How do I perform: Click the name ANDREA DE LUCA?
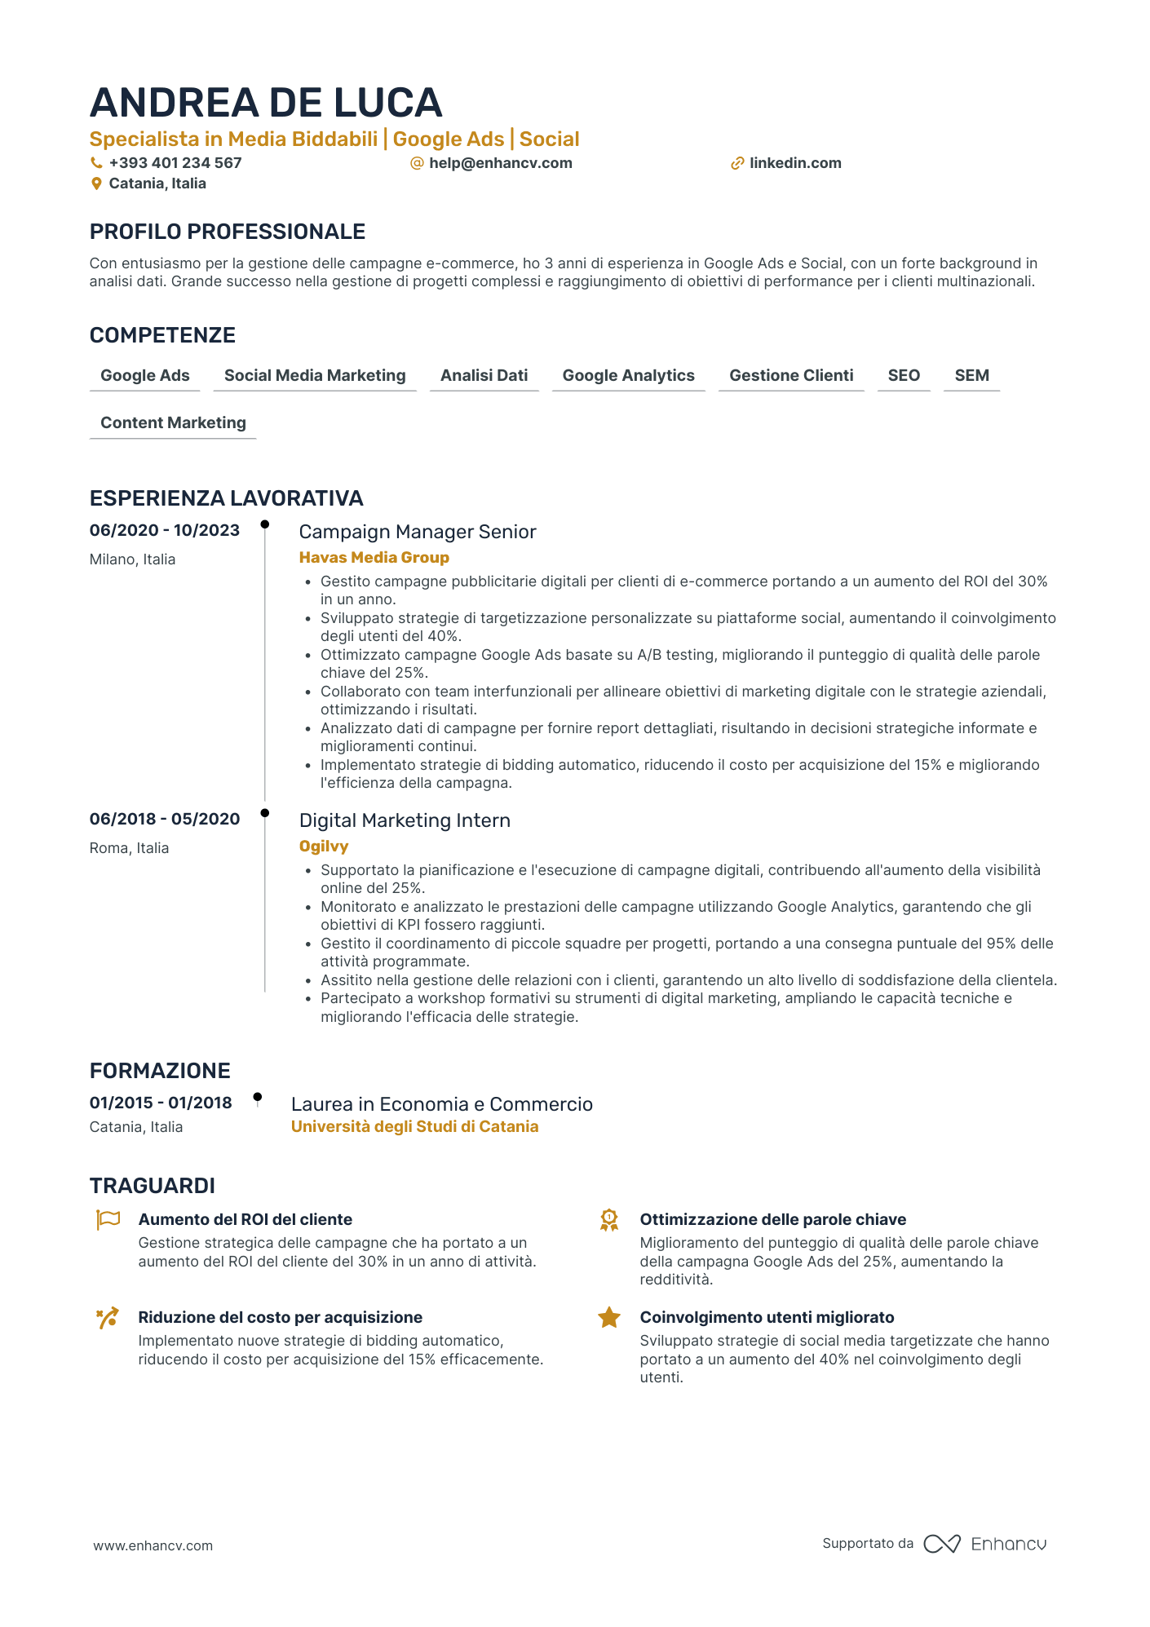266,103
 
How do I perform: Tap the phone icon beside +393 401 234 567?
96,163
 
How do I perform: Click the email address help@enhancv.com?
500,163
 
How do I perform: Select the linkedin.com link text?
795,163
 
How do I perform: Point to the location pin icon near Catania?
96,184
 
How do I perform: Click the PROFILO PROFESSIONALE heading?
228,232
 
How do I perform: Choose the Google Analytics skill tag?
628,376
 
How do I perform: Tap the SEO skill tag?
904,376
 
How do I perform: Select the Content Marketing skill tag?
173,423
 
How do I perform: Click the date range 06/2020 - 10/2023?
165,531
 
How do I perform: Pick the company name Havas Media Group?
374,558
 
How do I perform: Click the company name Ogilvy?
324,847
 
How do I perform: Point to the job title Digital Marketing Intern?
405,820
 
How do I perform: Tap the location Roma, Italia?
129,848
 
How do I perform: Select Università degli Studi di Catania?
414,1127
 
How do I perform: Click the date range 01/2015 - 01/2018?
161,1103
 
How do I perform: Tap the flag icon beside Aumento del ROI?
108,1220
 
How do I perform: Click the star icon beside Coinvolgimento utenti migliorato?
609,1318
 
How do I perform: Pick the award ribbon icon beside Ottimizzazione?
609,1221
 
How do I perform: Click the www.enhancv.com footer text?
153,1545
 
